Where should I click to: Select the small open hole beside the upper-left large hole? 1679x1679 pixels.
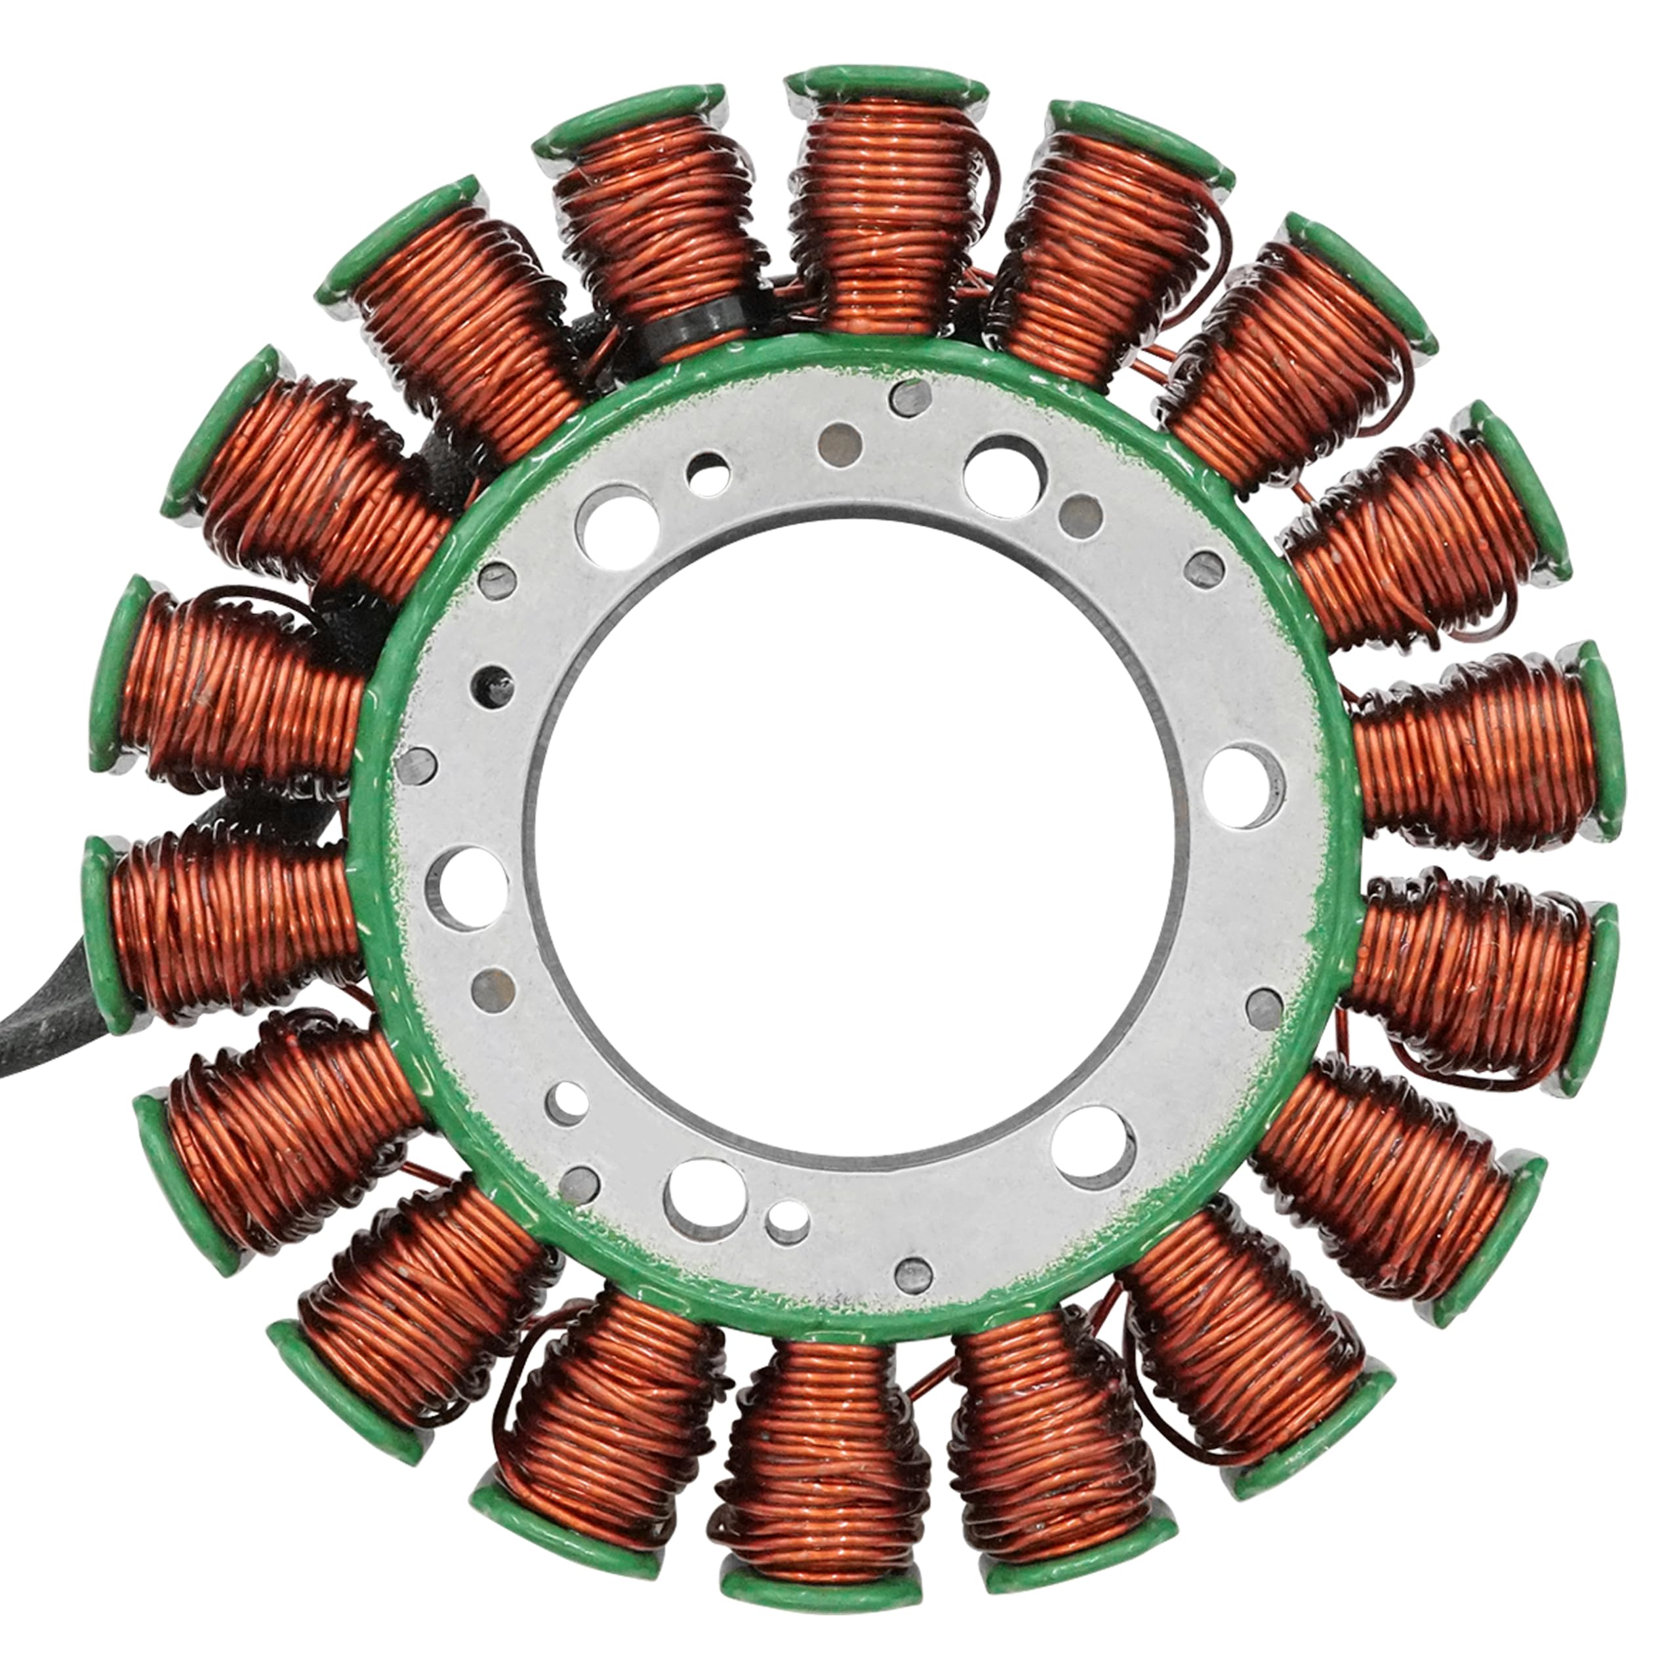pos(708,474)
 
